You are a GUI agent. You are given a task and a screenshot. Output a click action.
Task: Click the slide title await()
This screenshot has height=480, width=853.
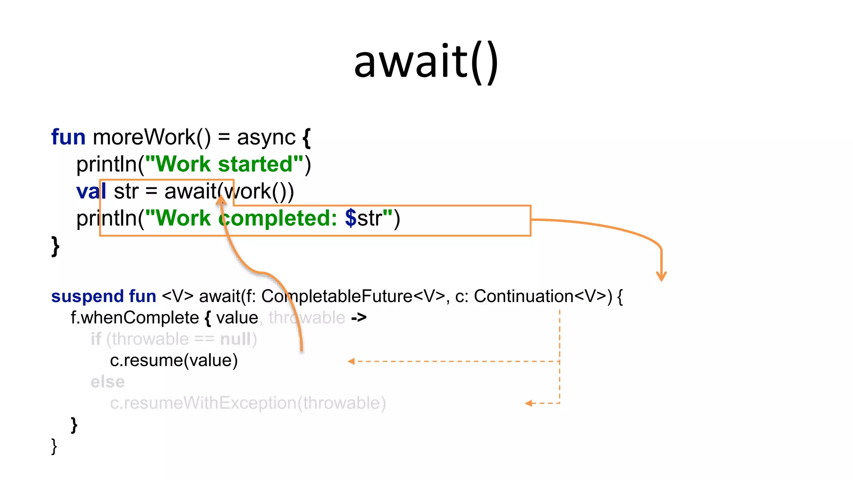click(426, 62)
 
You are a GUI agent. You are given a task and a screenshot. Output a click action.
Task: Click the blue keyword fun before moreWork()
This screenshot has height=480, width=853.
click(68, 137)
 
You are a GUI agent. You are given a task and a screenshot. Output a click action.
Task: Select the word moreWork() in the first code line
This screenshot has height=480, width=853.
click(152, 137)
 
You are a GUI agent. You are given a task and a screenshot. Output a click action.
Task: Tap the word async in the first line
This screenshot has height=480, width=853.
click(266, 138)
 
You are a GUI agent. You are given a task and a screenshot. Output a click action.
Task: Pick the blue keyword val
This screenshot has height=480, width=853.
click(91, 192)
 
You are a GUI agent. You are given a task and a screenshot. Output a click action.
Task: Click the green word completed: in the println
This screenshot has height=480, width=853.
click(278, 218)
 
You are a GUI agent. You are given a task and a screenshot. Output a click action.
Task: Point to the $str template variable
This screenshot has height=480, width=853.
click(364, 218)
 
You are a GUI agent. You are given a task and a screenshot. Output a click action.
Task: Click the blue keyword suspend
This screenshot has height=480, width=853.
click(87, 296)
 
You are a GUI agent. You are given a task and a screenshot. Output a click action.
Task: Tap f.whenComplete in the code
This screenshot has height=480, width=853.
click(135, 318)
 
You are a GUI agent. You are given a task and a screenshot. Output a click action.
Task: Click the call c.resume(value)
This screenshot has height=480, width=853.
click(174, 360)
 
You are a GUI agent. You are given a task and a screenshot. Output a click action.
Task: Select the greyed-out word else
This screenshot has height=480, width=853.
click(107, 382)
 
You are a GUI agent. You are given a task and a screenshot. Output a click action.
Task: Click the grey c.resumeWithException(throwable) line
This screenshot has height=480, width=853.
click(248, 403)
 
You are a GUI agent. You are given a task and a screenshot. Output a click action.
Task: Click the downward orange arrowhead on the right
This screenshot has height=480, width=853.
click(661, 276)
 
